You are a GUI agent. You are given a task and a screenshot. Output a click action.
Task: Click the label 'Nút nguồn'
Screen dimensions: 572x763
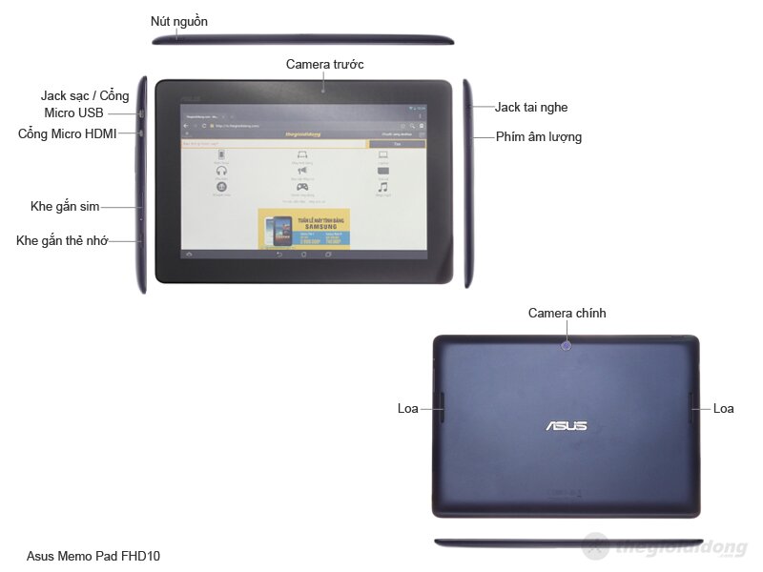pos(179,21)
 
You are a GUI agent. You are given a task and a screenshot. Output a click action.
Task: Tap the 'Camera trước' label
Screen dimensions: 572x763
pos(325,64)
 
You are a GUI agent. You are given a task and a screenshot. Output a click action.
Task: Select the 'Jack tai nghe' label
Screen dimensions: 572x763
pos(531,108)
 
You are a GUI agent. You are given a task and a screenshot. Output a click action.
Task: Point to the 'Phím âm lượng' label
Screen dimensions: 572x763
pos(539,137)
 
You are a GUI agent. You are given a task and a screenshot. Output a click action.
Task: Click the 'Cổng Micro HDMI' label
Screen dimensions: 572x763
pos(68,134)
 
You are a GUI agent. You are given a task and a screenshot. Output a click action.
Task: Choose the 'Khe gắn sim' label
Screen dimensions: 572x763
pos(65,206)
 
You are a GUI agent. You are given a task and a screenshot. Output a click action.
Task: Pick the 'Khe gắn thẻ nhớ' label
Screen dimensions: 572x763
pos(62,240)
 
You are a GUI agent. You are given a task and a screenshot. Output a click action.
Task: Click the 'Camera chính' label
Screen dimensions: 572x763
pos(567,314)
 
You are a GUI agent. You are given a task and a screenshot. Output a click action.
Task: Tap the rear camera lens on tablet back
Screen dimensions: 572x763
pos(567,346)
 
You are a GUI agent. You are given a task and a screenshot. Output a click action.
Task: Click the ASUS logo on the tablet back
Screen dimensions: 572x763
pos(566,425)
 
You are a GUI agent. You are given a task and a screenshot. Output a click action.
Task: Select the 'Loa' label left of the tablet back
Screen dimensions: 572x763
pos(408,408)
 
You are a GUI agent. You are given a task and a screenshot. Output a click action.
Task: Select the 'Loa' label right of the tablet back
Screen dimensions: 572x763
pos(724,408)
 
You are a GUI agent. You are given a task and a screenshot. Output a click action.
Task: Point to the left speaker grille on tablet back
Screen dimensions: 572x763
pos(440,408)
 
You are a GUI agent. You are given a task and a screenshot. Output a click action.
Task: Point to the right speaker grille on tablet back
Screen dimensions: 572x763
pos(692,408)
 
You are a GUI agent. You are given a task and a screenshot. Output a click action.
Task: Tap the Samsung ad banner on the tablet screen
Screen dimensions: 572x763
pos(303,229)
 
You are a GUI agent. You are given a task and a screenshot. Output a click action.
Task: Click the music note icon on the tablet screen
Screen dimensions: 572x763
pos(382,187)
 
